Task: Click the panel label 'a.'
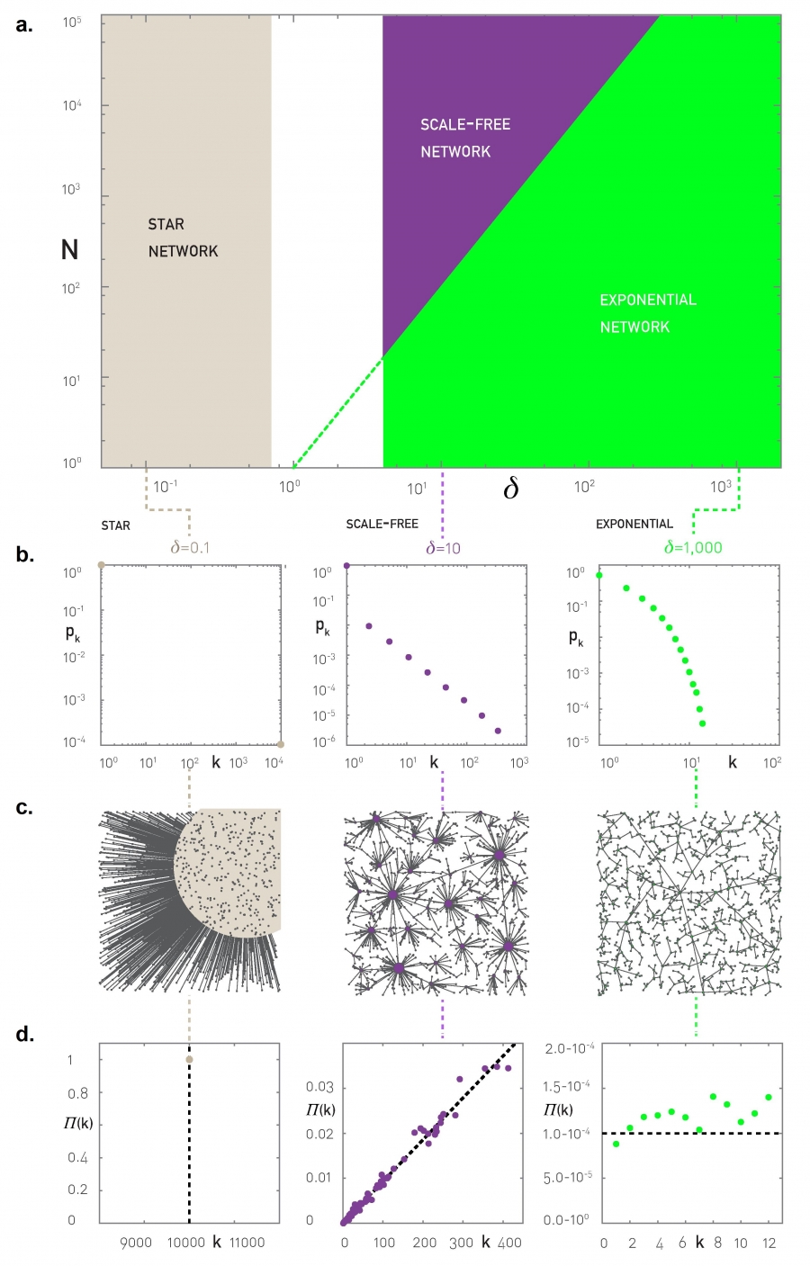click(x=24, y=24)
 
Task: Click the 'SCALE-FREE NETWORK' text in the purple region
click(x=464, y=138)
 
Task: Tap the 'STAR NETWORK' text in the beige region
click(x=183, y=238)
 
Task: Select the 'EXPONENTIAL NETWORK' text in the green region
click(x=647, y=313)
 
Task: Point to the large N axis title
click(x=69, y=249)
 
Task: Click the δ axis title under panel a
click(x=510, y=488)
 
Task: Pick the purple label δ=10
click(x=443, y=547)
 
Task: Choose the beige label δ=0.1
click(x=191, y=547)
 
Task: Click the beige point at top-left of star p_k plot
click(x=102, y=565)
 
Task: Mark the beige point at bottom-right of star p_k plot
click(x=281, y=744)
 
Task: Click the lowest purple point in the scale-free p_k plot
click(x=498, y=731)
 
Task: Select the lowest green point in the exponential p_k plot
click(x=702, y=723)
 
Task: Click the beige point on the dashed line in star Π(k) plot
click(x=189, y=1059)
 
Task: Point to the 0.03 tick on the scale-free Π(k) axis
click(x=319, y=1087)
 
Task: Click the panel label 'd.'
click(x=24, y=1034)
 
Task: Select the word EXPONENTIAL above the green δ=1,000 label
click(x=634, y=524)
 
